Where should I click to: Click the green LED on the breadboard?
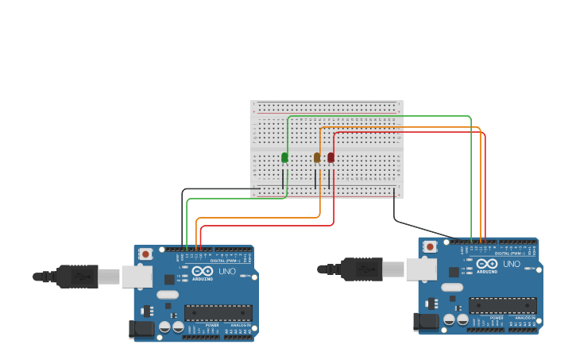(284, 157)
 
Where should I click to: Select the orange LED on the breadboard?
(317, 157)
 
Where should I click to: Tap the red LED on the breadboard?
(331, 157)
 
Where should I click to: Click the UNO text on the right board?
(512, 264)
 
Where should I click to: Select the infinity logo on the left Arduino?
(203, 271)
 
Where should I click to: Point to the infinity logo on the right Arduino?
(487, 263)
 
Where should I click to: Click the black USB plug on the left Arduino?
(78, 277)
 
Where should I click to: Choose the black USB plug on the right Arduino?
(362, 269)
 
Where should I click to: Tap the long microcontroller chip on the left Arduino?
(218, 313)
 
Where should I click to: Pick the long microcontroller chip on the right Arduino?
(503, 305)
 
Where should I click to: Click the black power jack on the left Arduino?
(141, 328)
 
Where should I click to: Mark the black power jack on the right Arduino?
(426, 321)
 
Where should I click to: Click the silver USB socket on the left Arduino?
(137, 276)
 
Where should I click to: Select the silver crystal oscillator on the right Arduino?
(452, 287)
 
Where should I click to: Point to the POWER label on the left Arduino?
(212, 326)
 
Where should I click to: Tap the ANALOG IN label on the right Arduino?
(525, 318)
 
